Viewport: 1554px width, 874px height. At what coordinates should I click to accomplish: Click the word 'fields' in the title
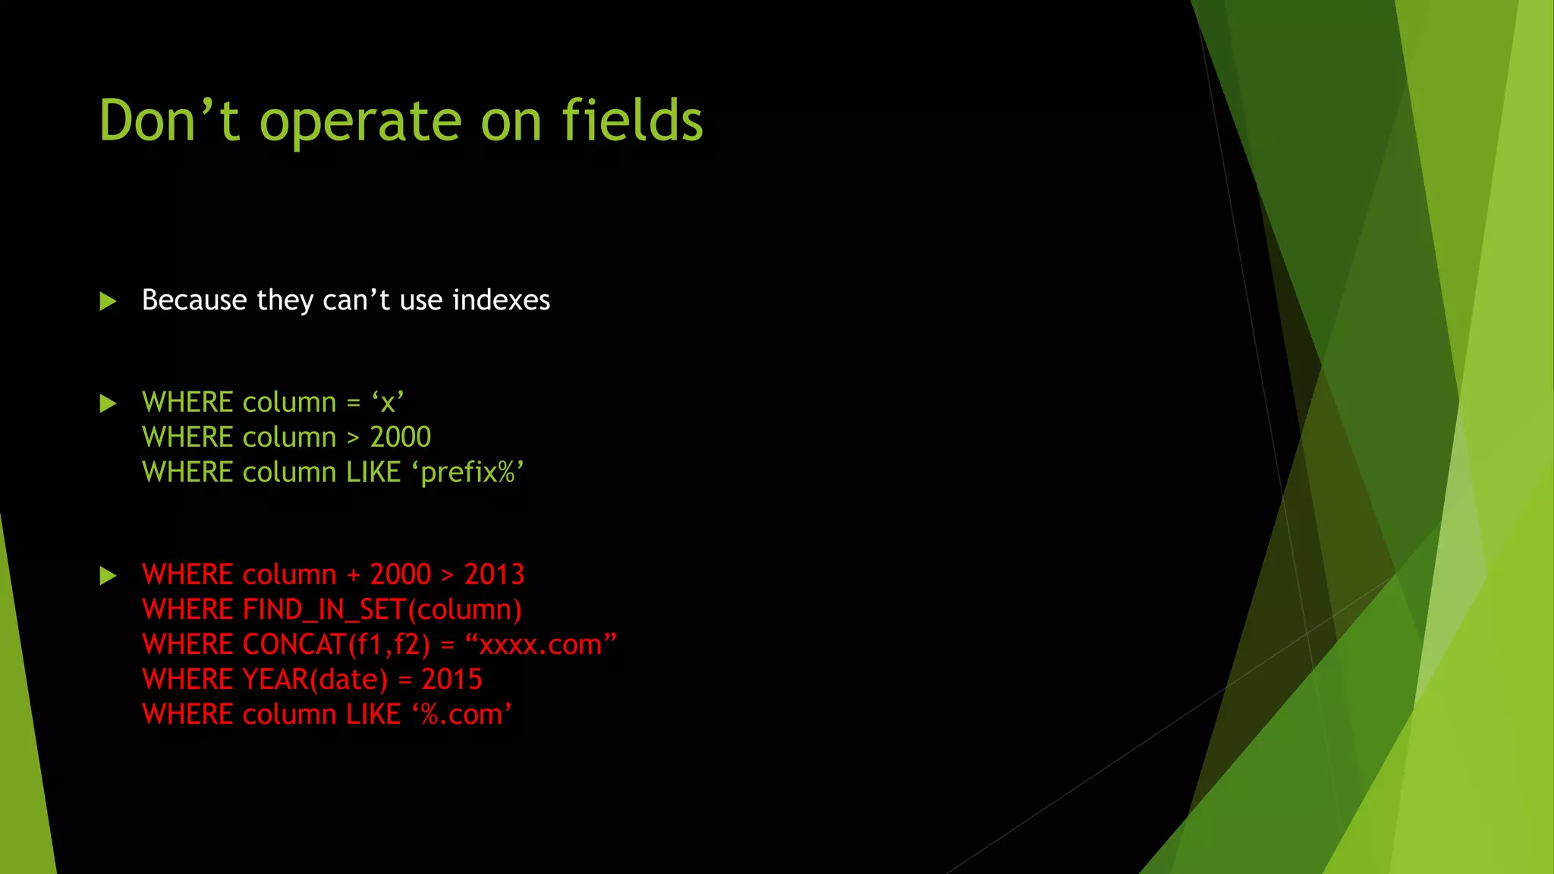coord(632,121)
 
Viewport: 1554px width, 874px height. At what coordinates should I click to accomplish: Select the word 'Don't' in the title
coord(169,121)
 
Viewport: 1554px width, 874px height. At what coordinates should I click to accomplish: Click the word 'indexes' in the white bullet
coord(501,300)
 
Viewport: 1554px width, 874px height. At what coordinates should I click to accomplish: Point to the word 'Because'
coord(194,300)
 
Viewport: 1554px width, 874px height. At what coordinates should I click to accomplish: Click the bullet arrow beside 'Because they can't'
coord(108,302)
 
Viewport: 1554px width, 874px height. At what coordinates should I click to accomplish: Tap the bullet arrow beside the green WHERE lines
coord(108,404)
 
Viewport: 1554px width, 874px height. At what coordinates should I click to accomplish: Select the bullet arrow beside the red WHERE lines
coord(108,576)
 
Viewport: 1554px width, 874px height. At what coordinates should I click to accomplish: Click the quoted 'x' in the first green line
coord(388,403)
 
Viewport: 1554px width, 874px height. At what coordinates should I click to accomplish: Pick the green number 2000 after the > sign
coord(400,438)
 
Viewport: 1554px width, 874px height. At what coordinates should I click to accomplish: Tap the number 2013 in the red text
coord(494,575)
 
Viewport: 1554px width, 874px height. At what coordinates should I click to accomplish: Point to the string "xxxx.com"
coord(540,645)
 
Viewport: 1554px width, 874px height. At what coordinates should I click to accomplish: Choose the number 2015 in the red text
coord(451,680)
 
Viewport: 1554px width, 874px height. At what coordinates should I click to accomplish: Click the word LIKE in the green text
coord(373,473)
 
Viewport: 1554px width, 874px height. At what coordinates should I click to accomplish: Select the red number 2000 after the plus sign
coord(400,575)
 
